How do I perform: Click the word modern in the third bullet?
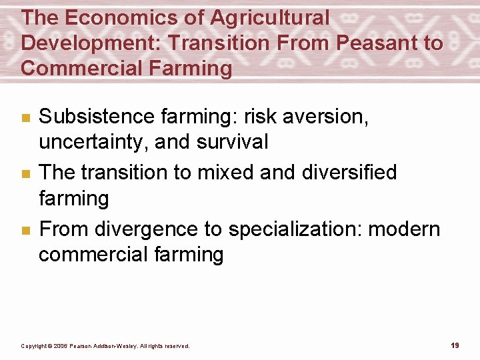coord(405,229)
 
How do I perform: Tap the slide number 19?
coord(455,345)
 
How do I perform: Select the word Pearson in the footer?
coord(86,346)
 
